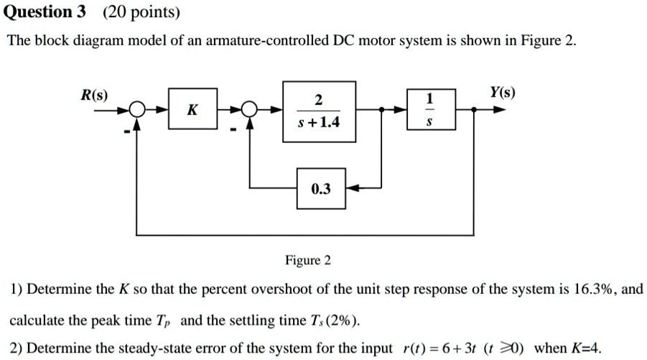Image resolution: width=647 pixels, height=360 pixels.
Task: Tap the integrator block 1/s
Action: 429,110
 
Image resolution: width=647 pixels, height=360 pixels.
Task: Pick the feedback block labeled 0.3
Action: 321,189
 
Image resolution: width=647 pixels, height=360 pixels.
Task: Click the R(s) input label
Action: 95,95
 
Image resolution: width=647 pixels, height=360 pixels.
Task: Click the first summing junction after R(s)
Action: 138,110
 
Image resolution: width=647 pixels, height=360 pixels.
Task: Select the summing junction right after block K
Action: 249,110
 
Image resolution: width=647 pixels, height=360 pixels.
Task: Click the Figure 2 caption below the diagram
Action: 307,259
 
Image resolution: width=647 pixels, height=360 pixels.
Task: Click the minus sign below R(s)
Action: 127,131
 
